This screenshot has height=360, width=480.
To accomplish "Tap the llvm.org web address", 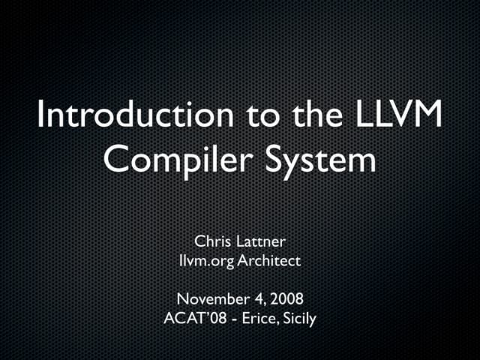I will pos(206,261).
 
